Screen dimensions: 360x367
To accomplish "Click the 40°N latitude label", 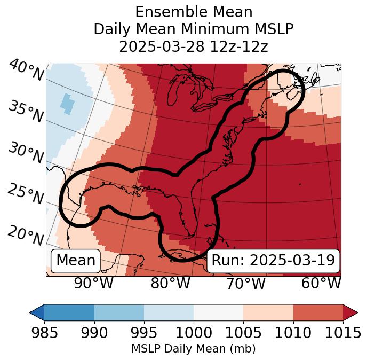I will point(26,71).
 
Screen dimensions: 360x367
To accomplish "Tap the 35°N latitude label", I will point(26,111).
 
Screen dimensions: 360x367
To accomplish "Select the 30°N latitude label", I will point(26,153).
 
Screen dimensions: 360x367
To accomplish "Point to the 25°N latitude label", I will point(26,194).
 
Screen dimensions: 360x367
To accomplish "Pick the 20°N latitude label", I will point(26,235).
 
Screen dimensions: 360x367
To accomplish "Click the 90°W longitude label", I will point(93,283).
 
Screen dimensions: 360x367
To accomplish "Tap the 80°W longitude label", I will point(170,283).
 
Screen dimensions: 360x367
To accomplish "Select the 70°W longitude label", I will point(245,283).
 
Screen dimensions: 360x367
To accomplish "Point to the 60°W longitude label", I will point(321,283).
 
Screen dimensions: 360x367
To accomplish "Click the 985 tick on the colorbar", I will point(44,333).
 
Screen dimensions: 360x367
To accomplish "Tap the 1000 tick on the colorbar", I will point(194,333).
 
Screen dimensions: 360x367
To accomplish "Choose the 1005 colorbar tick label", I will point(243,333).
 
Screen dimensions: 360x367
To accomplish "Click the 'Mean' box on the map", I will point(76,260).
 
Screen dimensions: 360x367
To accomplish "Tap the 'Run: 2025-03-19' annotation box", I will point(273,260).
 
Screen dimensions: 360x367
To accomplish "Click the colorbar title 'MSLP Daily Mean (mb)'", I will point(194,349).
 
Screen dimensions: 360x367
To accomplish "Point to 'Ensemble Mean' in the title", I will point(194,12).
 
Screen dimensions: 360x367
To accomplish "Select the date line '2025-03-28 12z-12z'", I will point(194,46).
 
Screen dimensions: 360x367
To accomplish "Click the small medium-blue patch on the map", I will point(66,102).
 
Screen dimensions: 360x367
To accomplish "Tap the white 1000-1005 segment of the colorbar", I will point(218,312).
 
